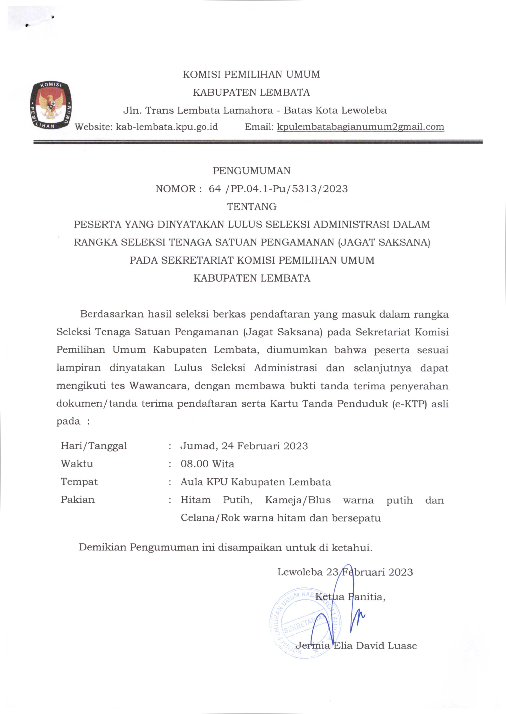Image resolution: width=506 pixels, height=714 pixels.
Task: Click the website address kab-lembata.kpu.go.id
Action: coord(167,127)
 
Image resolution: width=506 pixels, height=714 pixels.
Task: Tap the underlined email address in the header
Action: coord(361,127)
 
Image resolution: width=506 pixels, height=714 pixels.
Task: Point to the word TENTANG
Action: coord(252,206)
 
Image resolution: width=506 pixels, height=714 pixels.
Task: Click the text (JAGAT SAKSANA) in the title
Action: coord(384,242)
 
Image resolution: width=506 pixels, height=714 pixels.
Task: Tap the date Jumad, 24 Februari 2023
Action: coord(244,446)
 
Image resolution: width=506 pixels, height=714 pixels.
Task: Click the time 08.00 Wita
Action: coord(207,464)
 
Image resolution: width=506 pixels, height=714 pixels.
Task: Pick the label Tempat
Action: coord(79,482)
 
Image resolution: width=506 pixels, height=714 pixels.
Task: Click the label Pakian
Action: coord(78,499)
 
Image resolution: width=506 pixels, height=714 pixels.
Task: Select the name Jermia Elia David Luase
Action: coord(356,645)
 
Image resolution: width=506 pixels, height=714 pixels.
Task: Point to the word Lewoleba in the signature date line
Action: coord(300,572)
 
